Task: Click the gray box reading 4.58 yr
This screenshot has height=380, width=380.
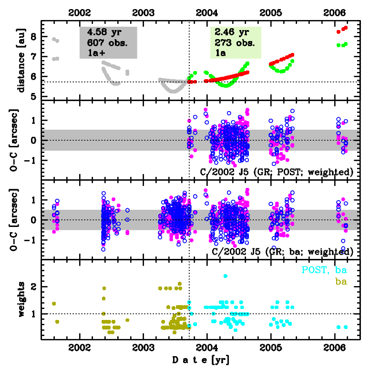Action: coord(108,42)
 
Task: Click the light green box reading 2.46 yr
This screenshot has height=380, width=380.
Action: coord(236,42)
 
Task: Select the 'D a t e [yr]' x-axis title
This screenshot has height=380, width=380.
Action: coord(200,360)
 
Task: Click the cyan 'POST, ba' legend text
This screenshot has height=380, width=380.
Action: coord(324,270)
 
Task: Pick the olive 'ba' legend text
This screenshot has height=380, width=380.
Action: coord(340,282)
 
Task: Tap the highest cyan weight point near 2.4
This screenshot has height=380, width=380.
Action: coord(225,276)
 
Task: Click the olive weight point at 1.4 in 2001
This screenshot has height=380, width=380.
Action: coord(54,304)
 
